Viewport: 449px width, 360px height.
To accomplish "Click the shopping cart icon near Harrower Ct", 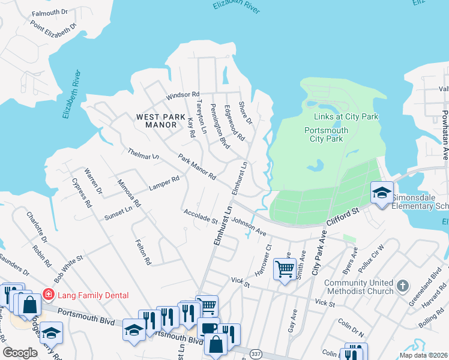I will (x=284, y=268).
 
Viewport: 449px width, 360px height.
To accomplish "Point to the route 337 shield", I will (x=256, y=353).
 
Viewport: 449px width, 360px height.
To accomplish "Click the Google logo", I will (x=20, y=353).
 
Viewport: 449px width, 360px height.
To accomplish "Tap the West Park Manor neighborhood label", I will (x=157, y=121).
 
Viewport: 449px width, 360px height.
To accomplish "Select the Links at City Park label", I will (x=346, y=116).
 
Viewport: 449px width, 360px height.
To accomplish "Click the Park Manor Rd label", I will (x=197, y=167).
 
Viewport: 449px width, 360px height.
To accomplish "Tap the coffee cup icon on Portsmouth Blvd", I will (x=208, y=328).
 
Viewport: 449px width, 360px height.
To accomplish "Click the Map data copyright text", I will (x=423, y=355).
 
